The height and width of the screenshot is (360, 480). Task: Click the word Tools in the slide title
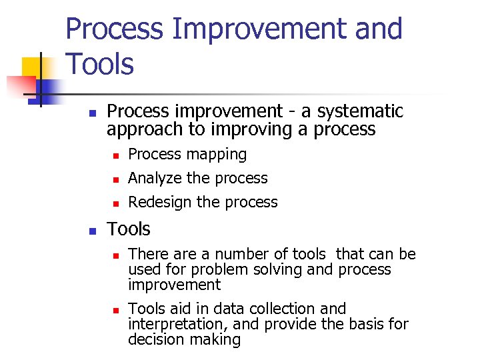pyautogui.click(x=100, y=65)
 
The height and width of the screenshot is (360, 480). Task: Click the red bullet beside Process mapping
pyautogui.click(x=115, y=155)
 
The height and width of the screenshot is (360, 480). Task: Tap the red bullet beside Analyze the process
pyautogui.click(x=115, y=179)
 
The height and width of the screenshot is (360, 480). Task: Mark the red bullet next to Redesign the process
pyautogui.click(x=115, y=203)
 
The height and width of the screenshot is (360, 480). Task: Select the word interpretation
pyautogui.click(x=174, y=324)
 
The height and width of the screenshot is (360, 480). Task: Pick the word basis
pyautogui.click(x=363, y=324)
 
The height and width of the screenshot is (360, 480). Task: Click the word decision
pyautogui.click(x=157, y=339)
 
